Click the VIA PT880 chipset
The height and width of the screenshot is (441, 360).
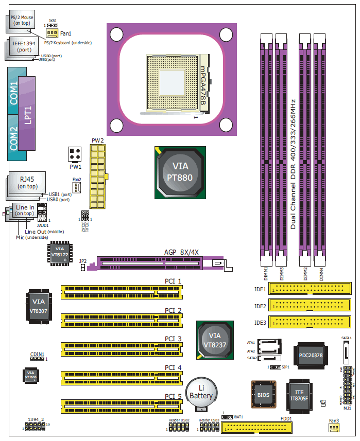180,172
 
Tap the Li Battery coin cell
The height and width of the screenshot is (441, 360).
201,394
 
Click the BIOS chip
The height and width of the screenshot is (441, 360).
263,395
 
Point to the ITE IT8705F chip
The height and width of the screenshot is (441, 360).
303,396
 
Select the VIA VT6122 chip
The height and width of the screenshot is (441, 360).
60,254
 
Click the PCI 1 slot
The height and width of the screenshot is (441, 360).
122,292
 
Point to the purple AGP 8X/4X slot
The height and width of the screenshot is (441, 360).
155,263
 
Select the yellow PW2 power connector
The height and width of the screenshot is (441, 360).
97,174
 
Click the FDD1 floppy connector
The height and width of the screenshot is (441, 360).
258,428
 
